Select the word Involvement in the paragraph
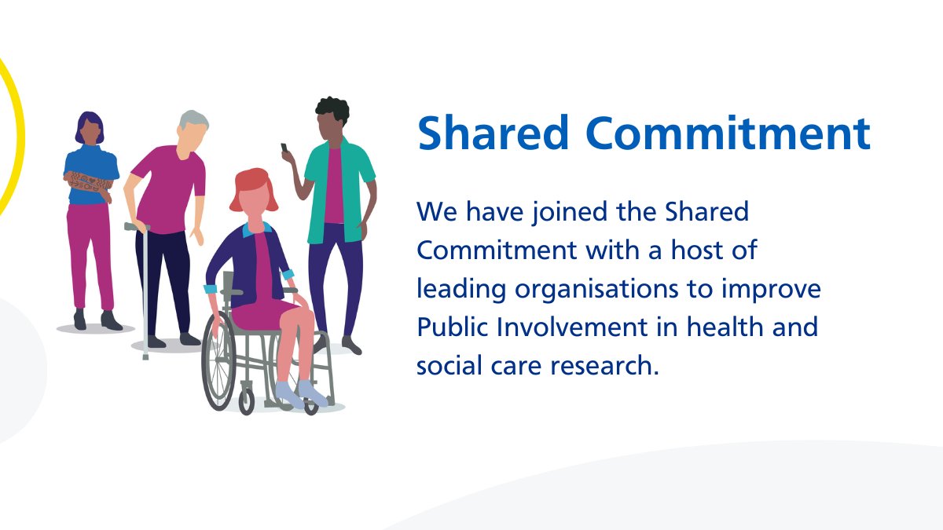coord(566,327)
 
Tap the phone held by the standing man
coord(284,148)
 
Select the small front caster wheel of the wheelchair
coord(247,404)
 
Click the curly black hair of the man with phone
coord(332,110)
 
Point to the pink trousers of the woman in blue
coord(89,251)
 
